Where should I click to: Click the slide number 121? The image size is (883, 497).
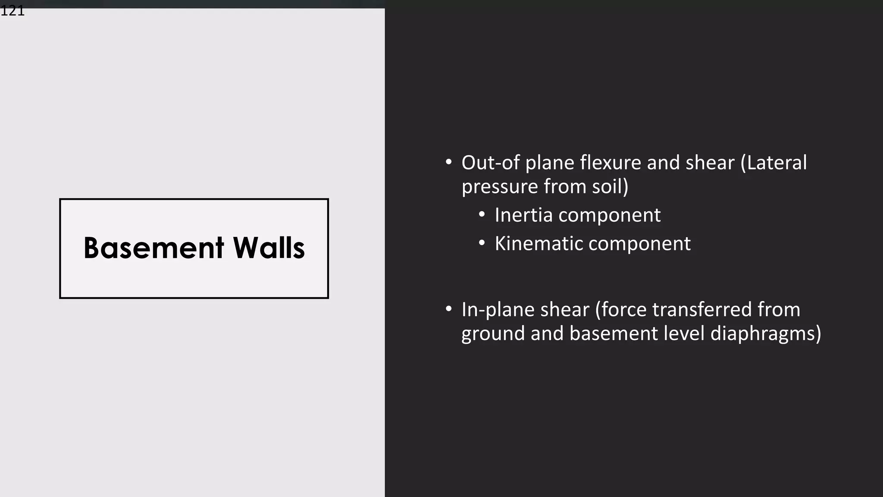[x=13, y=11]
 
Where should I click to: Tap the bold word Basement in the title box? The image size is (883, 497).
[x=154, y=248]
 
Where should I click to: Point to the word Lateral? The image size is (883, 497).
[x=777, y=163]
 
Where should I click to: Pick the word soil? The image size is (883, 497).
[x=607, y=186]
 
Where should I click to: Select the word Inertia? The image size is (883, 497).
[x=523, y=215]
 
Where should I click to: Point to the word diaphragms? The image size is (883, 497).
[x=763, y=334]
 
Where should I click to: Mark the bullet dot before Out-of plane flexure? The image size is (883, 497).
[x=449, y=162]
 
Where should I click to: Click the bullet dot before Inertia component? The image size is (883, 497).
[x=482, y=214]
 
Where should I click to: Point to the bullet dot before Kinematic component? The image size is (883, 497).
[x=482, y=243]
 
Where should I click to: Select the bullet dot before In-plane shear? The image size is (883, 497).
[x=449, y=309]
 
